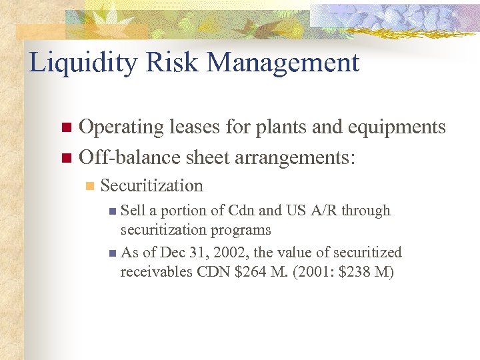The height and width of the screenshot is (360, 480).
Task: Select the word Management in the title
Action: (x=284, y=63)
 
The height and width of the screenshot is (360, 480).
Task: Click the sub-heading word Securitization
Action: (x=151, y=185)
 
